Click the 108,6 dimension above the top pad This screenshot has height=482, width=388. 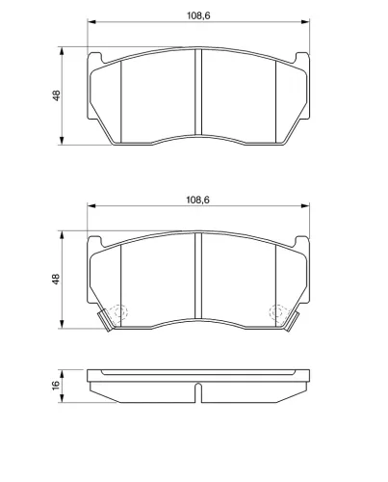[198, 15]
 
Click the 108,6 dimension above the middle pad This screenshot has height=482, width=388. [197, 200]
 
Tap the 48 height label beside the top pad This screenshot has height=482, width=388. [56, 95]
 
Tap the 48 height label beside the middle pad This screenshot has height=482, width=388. [56, 279]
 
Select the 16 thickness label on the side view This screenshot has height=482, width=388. [56, 385]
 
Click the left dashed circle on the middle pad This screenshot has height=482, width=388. [117, 311]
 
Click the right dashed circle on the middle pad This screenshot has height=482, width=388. [278, 311]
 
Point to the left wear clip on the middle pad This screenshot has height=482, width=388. [105, 320]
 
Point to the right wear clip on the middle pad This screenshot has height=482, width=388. [292, 320]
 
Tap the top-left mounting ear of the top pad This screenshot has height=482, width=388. [95, 58]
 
